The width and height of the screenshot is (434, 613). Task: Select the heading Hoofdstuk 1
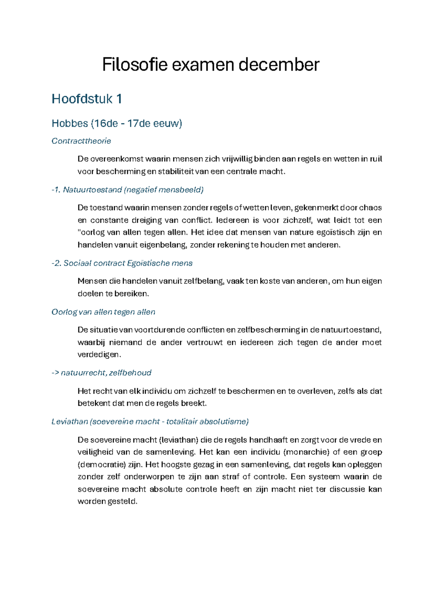click(87, 99)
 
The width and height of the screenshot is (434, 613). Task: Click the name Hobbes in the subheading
click(70, 124)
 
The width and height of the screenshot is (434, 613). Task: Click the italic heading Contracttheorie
click(81, 141)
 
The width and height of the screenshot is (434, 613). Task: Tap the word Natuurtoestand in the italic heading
click(92, 190)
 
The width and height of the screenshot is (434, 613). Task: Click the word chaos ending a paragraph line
click(370, 208)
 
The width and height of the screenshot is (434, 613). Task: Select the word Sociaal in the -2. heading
click(77, 263)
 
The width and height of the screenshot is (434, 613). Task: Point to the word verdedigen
click(98, 355)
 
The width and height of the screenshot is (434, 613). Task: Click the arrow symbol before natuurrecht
click(55, 373)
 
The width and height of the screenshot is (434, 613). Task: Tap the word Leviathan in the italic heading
click(70, 421)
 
